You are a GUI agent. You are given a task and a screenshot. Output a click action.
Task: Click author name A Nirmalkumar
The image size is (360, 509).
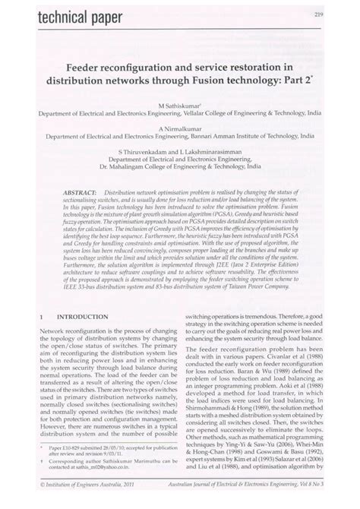179,128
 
